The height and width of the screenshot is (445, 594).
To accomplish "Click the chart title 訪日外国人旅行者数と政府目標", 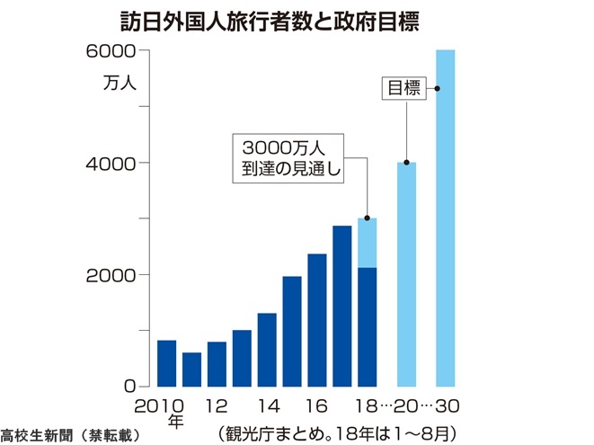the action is point(270,22).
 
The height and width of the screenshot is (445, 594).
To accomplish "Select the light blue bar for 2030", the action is point(446,218).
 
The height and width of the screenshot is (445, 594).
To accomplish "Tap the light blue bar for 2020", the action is point(406,274).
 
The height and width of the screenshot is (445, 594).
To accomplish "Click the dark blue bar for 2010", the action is point(166,363).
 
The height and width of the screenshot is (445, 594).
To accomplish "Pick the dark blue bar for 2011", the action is point(191,369).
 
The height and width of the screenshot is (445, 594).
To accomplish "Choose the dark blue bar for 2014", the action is point(267,350).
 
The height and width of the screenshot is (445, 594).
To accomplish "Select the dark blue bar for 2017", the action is point(342,307).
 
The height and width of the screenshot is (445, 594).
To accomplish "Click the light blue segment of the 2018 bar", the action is point(367,243).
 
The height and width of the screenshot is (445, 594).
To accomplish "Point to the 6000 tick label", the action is point(111,51).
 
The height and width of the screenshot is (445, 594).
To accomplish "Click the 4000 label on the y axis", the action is point(111,164).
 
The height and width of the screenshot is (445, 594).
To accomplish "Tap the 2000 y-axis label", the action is point(111,276).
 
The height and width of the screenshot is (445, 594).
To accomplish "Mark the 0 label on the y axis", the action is point(130,387).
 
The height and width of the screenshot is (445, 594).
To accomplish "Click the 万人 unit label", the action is point(120,82).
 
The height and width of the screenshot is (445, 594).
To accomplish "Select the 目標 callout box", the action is point(403,88).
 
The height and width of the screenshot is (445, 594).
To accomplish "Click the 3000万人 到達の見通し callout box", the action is point(288,158).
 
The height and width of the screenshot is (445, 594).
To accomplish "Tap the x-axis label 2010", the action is point(159,406).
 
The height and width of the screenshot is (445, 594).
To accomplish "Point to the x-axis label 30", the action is point(448,406).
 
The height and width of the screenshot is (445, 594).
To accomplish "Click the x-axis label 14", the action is point(269,406).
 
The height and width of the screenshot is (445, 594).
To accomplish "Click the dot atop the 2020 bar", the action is point(406,163).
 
